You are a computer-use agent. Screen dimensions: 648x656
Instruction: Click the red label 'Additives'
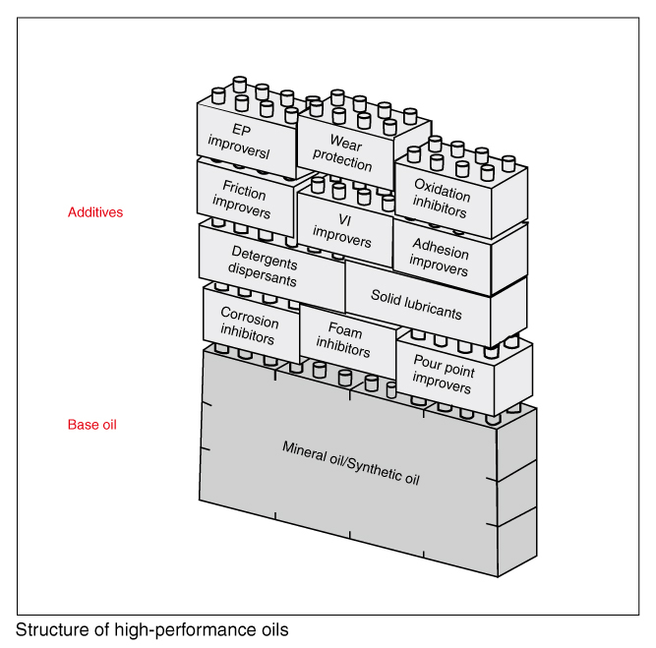(95, 212)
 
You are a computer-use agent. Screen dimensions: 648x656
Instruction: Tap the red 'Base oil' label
(92, 425)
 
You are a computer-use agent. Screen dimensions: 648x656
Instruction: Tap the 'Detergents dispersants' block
(264, 265)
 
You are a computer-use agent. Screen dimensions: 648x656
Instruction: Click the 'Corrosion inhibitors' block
(249, 324)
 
